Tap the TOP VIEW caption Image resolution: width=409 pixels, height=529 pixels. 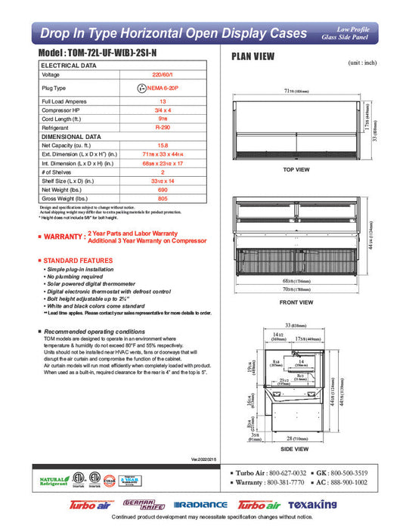(296, 170)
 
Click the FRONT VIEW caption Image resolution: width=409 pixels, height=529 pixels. (296, 302)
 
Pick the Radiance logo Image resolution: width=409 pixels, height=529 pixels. (200, 505)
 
